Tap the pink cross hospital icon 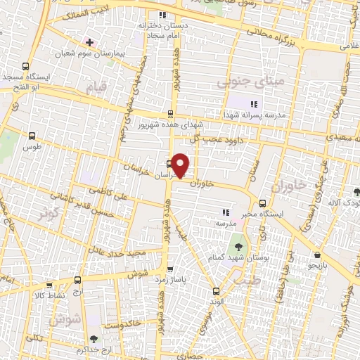pos(89,41)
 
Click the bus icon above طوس pos(31,136)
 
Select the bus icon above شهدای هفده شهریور pos(170,113)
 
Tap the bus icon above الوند pos(216,290)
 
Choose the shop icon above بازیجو pos(319,255)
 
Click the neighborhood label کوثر pos(48,212)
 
